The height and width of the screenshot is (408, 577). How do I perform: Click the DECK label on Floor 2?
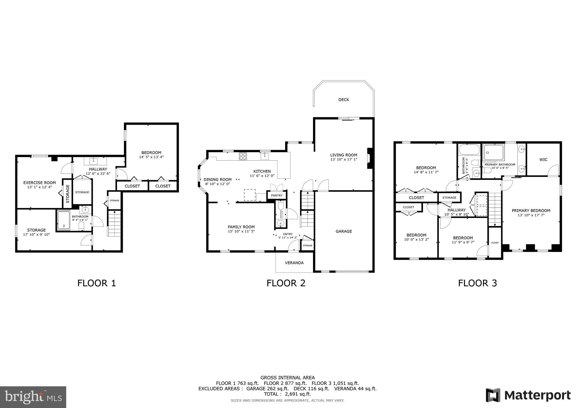tap(343, 99)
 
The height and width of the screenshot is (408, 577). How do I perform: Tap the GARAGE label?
tap(343, 231)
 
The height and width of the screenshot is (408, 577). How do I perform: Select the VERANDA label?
tap(294, 263)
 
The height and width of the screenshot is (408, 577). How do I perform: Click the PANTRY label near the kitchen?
tap(277, 195)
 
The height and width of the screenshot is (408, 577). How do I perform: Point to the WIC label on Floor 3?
tap(543, 159)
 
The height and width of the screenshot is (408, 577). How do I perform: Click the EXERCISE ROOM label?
tap(39, 183)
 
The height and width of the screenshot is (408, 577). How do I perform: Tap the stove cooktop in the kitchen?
tap(243, 156)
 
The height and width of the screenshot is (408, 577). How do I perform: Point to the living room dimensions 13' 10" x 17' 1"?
tap(344, 159)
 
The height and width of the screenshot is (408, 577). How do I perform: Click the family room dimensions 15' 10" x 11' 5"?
tap(241, 231)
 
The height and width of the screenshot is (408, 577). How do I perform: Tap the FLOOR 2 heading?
tap(286, 283)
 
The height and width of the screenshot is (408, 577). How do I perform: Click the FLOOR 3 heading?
tap(477, 283)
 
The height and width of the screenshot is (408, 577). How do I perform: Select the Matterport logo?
tap(528, 395)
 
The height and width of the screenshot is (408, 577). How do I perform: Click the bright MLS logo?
tap(33, 397)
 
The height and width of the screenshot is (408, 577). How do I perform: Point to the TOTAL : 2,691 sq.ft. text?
tap(287, 394)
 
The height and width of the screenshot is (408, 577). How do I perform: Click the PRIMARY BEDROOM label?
tap(531, 210)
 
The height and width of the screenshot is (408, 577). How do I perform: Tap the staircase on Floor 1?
tap(114, 223)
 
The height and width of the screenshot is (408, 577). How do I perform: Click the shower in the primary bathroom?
tap(493, 152)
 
